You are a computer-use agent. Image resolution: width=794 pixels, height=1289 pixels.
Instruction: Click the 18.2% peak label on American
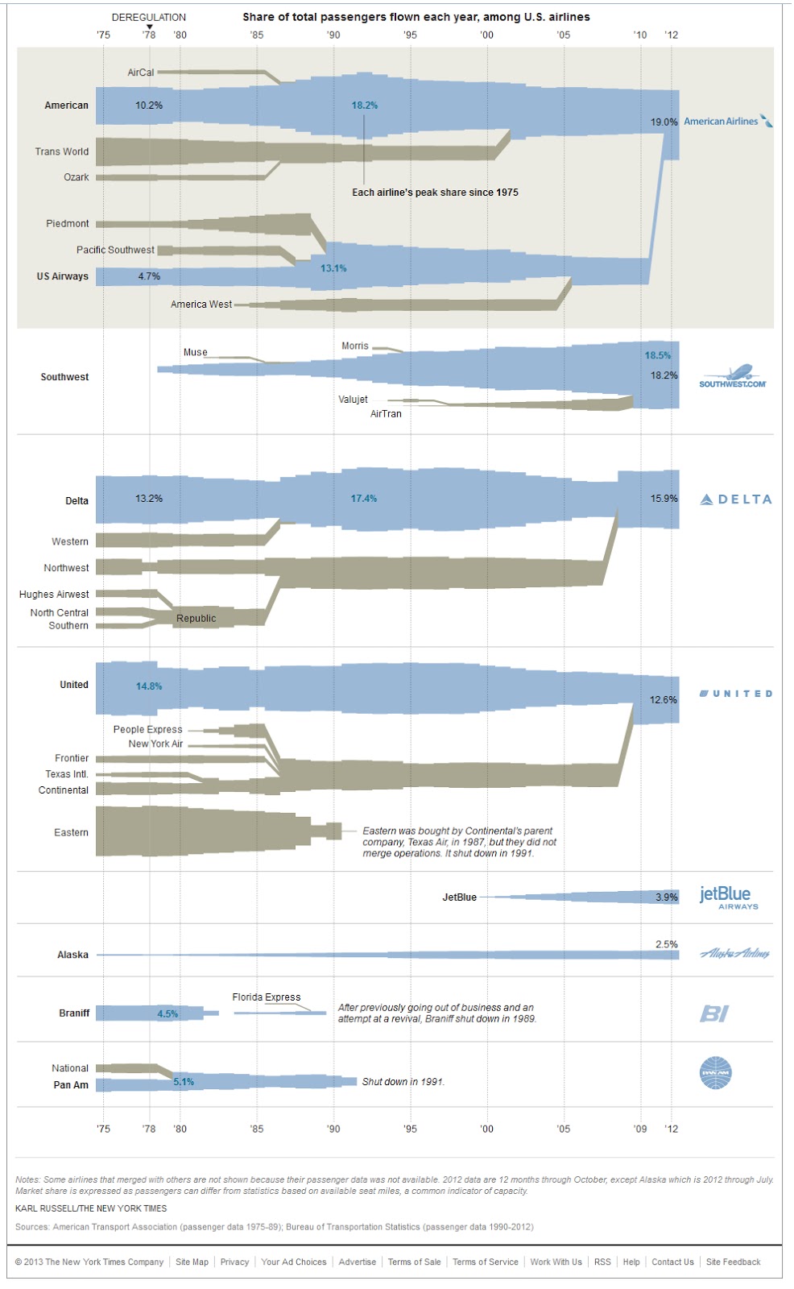(x=364, y=106)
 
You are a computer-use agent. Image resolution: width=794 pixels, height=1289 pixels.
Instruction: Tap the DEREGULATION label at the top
(x=148, y=17)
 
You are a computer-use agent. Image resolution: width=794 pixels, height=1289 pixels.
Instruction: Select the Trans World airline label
(x=62, y=151)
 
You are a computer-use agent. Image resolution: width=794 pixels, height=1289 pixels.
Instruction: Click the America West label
(x=201, y=305)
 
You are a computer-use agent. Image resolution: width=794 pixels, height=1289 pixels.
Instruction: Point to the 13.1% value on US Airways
(x=333, y=268)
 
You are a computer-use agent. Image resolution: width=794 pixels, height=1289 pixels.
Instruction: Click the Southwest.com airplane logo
(x=732, y=376)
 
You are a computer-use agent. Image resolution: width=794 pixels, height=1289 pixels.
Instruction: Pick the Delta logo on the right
(x=736, y=499)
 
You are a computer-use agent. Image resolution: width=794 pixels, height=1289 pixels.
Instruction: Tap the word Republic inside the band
(x=196, y=619)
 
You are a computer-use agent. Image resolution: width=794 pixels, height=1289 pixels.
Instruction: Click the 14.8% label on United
(x=149, y=686)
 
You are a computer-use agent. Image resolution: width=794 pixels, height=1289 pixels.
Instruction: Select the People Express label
(x=147, y=730)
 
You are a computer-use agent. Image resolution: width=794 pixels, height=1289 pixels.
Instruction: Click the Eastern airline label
(x=71, y=833)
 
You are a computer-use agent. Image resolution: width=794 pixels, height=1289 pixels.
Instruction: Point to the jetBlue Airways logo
(x=728, y=897)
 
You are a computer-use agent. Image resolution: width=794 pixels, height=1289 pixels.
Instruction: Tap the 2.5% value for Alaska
(x=667, y=944)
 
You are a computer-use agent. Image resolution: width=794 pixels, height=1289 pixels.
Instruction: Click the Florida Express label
(x=267, y=997)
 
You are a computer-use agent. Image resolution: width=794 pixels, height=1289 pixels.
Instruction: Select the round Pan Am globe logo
(x=716, y=1073)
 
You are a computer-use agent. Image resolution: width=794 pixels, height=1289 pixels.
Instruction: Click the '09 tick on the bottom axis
(x=640, y=1129)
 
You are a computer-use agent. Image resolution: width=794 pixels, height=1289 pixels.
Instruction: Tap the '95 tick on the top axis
(x=410, y=35)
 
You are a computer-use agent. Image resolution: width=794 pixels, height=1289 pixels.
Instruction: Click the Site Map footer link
(x=192, y=1262)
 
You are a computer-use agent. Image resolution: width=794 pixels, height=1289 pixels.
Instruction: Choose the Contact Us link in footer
(x=672, y=1262)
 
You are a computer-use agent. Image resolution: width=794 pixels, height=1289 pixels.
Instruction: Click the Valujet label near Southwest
(x=353, y=400)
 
